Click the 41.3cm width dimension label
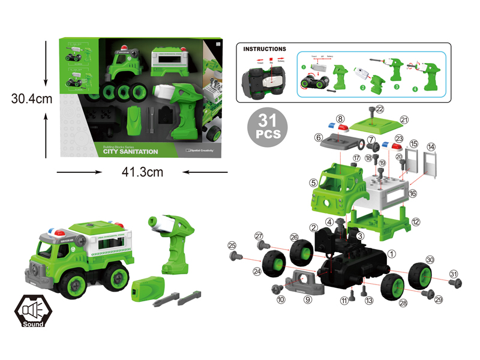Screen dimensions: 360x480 142,173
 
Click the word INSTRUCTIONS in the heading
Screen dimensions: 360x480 265,49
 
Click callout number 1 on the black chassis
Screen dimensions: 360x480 391,254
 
